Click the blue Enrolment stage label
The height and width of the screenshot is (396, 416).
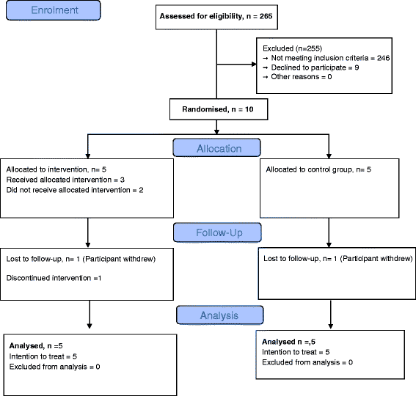pyautogui.click(x=54, y=10)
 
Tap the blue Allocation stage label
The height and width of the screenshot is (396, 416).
pyautogui.click(x=216, y=147)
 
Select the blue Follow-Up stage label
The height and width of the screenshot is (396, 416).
pyautogui.click(x=217, y=232)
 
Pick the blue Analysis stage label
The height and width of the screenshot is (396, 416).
pyautogui.click(x=220, y=315)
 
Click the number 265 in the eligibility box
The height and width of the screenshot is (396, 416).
pyautogui.click(x=266, y=16)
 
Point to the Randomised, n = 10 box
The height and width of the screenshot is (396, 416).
pyautogui.click(x=219, y=109)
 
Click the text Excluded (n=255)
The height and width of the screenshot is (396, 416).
pyautogui.click(x=292, y=48)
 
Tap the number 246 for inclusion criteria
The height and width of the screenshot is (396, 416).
pyautogui.click(x=384, y=58)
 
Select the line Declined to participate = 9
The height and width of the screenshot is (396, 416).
pyautogui.click(x=311, y=67)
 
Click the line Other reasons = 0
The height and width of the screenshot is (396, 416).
pyautogui.click(x=297, y=77)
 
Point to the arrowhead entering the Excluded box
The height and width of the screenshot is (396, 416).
pyautogui.click(x=254, y=65)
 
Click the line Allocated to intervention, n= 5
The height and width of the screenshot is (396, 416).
pyautogui.click(x=56, y=169)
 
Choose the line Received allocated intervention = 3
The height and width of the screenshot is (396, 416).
pyautogui.click(x=65, y=180)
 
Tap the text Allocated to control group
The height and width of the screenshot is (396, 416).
pyautogui.click(x=310, y=169)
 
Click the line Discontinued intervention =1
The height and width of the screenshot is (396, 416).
pyautogui.click(x=54, y=278)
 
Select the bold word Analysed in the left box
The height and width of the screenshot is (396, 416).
pyautogui.click(x=26, y=346)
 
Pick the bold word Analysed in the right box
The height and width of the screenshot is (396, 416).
pyautogui.click(x=278, y=342)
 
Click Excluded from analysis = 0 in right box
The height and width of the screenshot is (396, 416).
pyautogui.click(x=307, y=362)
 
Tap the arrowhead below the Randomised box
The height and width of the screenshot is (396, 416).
pyautogui.click(x=216, y=131)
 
